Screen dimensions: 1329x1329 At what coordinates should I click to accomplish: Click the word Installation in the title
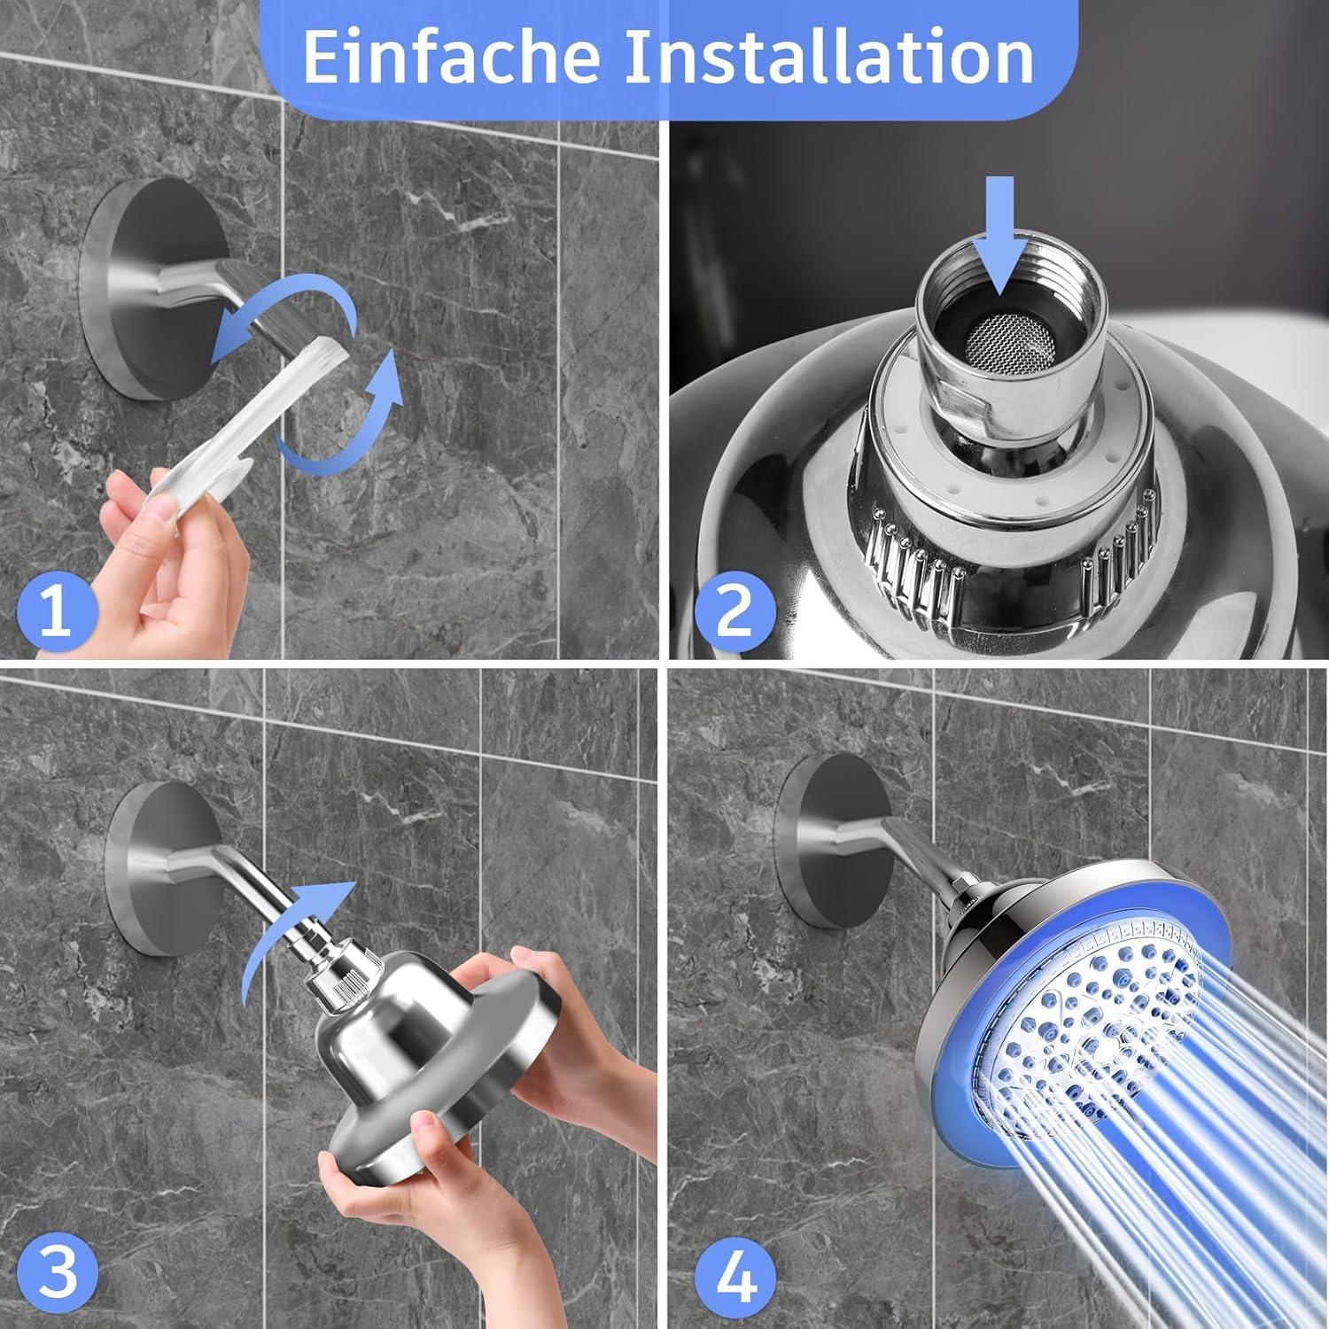(x=830, y=58)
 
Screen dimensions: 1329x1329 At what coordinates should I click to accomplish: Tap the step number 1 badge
(x=57, y=610)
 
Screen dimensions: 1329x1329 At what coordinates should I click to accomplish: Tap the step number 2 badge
(x=734, y=610)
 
